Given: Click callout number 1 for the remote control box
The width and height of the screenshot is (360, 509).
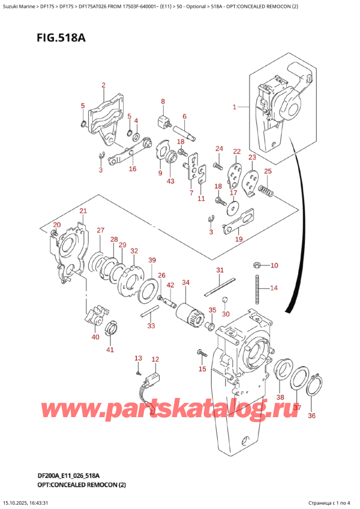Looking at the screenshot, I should point(235,107).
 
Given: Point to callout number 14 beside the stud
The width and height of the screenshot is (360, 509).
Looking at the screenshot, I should point(274,288).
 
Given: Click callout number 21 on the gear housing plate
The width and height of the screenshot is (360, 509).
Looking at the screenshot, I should point(83,211).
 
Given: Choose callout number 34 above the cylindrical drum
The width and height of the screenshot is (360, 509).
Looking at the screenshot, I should point(185,283).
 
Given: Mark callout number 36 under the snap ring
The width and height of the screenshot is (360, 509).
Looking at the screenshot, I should point(311,415).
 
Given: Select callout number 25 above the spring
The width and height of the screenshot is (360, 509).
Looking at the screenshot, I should point(268,172).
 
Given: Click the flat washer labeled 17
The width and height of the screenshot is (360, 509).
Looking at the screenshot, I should point(232,207).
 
